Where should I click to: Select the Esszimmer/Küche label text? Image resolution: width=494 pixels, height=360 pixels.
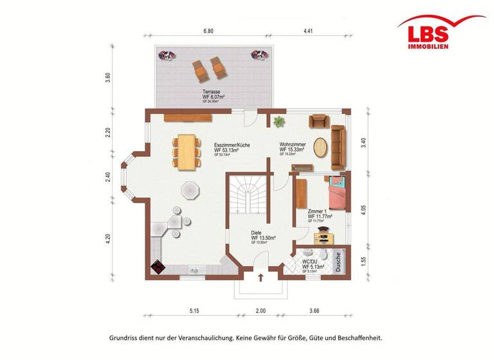point(232,148)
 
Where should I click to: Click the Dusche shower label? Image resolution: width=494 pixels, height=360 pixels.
point(338,262)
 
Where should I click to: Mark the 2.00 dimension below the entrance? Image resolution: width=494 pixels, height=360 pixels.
point(261,311)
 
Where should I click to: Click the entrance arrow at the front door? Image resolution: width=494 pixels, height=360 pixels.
point(261,278)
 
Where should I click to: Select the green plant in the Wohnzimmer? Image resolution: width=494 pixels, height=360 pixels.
point(279,121)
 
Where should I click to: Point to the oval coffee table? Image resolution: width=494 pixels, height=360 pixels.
point(320,147)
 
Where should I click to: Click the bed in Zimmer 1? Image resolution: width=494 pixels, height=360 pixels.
point(336,193)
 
